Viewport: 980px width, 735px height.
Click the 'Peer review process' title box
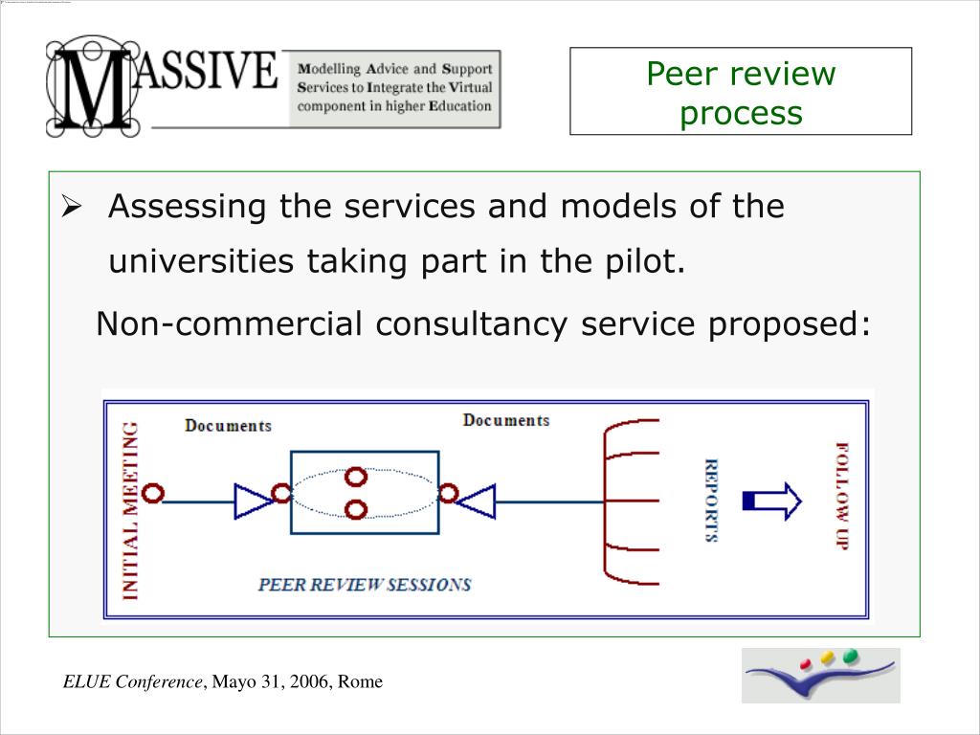pyautogui.click(x=741, y=92)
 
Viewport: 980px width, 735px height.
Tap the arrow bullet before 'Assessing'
pyautogui.click(x=72, y=207)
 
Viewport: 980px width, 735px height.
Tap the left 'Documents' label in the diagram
pyautogui.click(x=228, y=426)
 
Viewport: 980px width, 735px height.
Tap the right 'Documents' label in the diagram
pyautogui.click(x=506, y=420)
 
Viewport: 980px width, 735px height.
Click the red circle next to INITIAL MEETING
pyautogui.click(x=153, y=494)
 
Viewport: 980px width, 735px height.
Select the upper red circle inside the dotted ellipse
pyautogui.click(x=356, y=477)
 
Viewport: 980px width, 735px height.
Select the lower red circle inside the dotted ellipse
pyautogui.click(x=356, y=509)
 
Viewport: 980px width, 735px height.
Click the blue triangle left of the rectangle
pyautogui.click(x=253, y=500)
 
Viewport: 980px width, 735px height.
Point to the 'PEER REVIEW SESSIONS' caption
pyautogui.click(x=365, y=584)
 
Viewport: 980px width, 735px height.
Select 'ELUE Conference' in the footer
pyautogui.click(x=133, y=682)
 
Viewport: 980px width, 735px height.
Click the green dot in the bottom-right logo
pyautogui.click(x=850, y=657)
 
